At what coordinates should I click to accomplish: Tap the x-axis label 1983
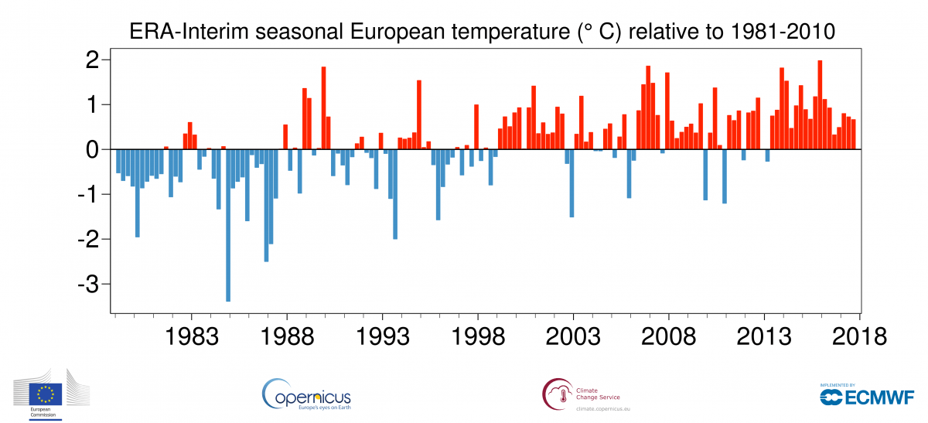[190, 338]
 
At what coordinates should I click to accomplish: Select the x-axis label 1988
[286, 338]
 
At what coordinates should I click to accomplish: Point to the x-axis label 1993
[382, 338]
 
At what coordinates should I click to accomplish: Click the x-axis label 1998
[478, 338]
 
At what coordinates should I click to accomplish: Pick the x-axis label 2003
[573, 338]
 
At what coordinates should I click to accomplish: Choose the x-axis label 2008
[669, 338]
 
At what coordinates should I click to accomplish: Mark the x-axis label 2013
[765, 338]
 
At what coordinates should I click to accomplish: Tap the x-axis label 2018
[860, 338]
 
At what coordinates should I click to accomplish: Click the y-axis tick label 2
[93, 60]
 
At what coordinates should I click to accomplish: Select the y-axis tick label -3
[88, 285]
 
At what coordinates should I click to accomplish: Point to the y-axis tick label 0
[93, 149]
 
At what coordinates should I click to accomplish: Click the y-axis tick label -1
[88, 195]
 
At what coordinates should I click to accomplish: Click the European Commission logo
[48, 397]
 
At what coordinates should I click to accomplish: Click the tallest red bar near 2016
[821, 104]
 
